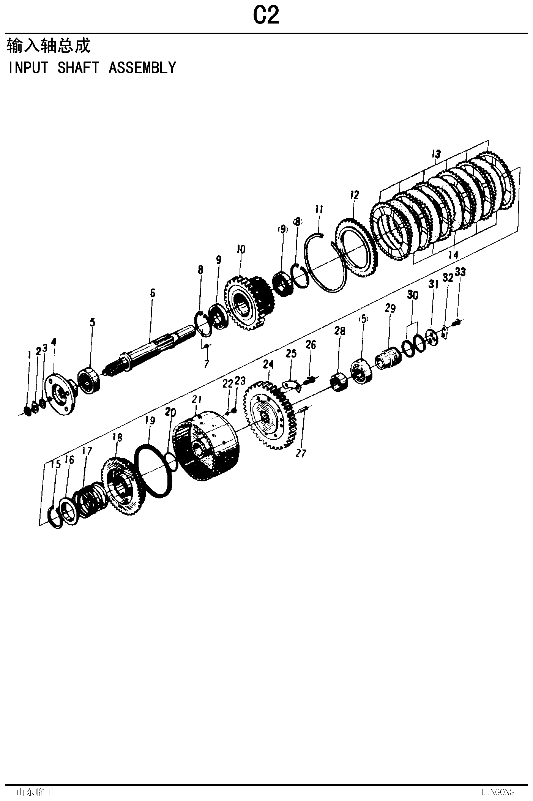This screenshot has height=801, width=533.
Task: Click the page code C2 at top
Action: (x=266, y=16)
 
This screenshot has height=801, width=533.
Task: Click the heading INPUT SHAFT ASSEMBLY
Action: (x=92, y=68)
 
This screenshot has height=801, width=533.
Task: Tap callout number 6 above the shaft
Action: (x=153, y=293)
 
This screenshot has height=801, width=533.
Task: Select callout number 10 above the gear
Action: (x=241, y=249)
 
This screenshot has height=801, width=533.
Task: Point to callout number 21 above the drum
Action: (x=196, y=399)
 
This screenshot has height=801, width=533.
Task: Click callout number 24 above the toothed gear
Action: (x=268, y=364)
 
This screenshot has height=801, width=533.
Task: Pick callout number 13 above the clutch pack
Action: (x=436, y=154)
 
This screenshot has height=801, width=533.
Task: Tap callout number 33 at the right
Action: (x=460, y=272)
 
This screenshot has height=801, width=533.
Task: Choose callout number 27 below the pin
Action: (x=301, y=453)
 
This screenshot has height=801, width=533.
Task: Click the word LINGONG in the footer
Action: (x=497, y=792)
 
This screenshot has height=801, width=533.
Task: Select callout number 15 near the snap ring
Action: (x=55, y=464)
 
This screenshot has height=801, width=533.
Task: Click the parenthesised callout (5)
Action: (x=363, y=319)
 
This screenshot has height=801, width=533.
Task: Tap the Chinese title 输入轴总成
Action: (x=49, y=46)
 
